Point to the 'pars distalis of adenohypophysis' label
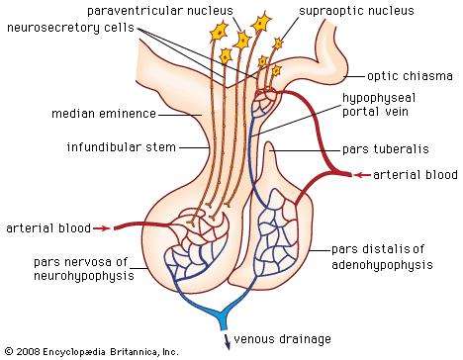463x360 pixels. coord(383,256)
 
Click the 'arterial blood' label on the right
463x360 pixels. coord(417,174)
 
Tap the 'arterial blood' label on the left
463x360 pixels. coord(45,228)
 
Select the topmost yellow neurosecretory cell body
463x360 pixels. coord(267,22)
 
